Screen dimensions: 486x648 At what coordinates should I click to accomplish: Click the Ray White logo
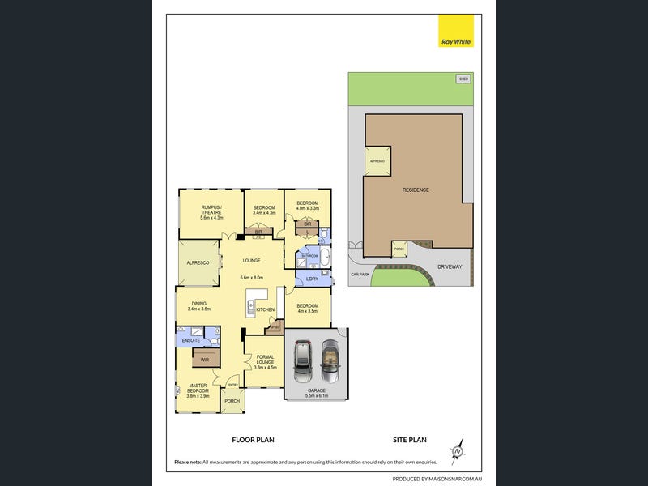pos(455,32)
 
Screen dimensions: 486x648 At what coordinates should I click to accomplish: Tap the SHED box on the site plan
pos(463,79)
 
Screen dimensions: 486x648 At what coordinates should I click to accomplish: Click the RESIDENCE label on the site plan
pos(416,190)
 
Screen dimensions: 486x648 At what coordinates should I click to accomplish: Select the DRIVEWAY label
pos(427,266)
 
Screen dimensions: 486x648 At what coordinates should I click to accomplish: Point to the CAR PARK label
pos(360,275)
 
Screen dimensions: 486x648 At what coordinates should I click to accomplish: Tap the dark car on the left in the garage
pos(302,361)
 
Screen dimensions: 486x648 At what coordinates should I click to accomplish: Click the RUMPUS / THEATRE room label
pos(211,211)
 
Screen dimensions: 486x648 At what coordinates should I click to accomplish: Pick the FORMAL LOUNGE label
pos(265,360)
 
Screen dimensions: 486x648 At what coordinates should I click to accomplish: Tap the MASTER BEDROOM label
pos(198,390)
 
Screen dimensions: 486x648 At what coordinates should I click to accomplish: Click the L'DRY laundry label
pos(311,279)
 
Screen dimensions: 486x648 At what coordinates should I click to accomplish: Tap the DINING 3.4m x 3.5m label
pos(198,306)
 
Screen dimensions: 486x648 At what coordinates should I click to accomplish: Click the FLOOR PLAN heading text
pos(253,440)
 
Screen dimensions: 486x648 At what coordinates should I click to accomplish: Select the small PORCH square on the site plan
pos(399,249)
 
